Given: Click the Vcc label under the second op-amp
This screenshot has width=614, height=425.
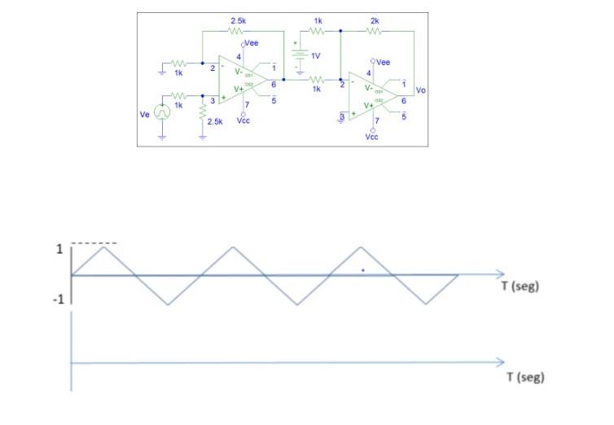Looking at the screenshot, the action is click(x=372, y=138).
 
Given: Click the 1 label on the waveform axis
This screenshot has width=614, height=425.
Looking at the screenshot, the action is click(x=59, y=249).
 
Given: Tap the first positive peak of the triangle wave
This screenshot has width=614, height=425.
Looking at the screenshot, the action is click(x=103, y=245).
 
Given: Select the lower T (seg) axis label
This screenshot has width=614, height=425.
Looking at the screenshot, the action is click(x=521, y=378).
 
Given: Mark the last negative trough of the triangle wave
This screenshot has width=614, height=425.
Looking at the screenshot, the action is click(x=426, y=305).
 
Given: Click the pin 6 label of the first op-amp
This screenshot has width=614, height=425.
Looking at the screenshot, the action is click(x=274, y=85).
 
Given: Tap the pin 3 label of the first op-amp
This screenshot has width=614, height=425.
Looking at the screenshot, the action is click(x=213, y=101).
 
